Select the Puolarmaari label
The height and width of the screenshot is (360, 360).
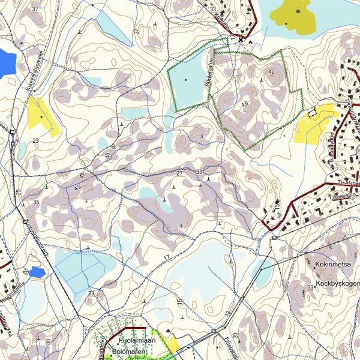pyautogui.click(x=137, y=340)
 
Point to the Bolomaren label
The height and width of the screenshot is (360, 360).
pyautogui.click(x=134, y=351)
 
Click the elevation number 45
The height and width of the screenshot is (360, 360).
pyautogui.click(x=244, y=104)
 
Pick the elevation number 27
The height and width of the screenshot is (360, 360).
pyautogui.click(x=179, y=173)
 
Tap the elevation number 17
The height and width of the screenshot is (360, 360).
pyautogui.click(x=166, y=258)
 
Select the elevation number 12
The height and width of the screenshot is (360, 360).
pyautogui.click(x=227, y=313)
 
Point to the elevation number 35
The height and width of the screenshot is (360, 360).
pyautogui.click(x=36, y=202)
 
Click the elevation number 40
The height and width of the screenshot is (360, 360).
pyautogui.click(x=107, y=156)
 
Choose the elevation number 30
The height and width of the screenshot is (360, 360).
pyautogui.click(x=47, y=341)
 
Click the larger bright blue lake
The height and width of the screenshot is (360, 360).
pyautogui.click(x=6, y=63)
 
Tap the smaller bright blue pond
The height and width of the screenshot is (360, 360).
pyautogui.click(x=37, y=272)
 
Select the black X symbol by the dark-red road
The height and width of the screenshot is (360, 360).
pyautogui.click(x=241, y=40)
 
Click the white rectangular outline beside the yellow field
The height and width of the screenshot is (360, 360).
pyautogui.click(x=311, y=112)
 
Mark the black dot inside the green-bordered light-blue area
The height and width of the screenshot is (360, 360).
pyautogui.click(x=186, y=80)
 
